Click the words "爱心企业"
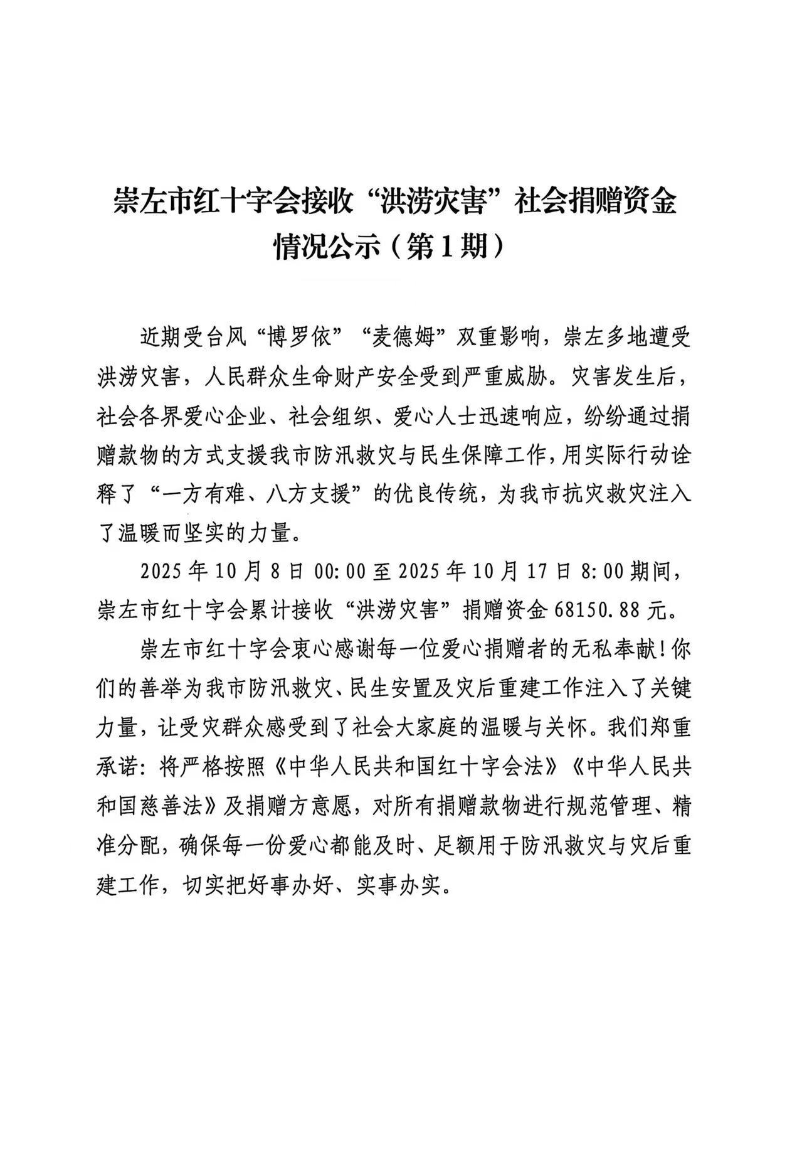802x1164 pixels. click(x=223, y=417)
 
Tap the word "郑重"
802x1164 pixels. click(x=670, y=729)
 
